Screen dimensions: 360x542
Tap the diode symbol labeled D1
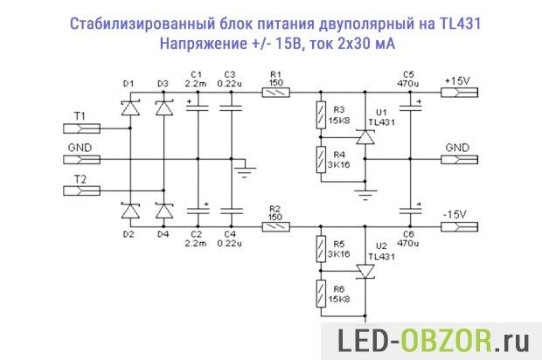130,108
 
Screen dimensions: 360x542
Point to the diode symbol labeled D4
163,211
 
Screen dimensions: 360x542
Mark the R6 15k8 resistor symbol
321,294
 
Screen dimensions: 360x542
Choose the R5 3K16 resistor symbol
321,249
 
